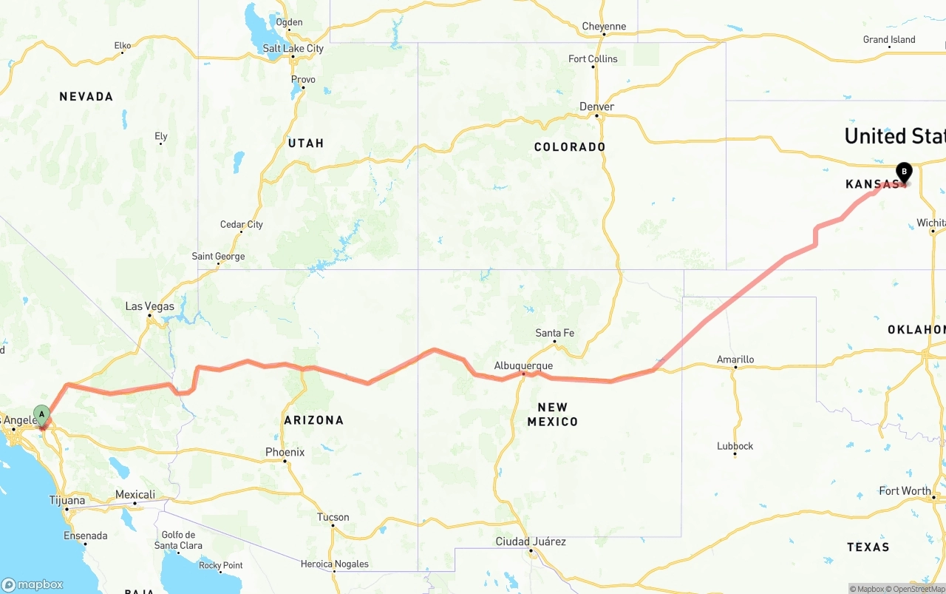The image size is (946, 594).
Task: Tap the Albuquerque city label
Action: tap(523, 365)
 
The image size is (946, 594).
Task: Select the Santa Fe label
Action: tap(554, 333)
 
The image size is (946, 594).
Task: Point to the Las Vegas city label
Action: tap(150, 306)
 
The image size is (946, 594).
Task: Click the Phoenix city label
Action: tap(285, 452)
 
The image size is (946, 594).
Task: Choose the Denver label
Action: tap(596, 107)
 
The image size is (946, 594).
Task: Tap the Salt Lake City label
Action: tap(293, 48)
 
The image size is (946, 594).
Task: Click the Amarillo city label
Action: tap(735, 360)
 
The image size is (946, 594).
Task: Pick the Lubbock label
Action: tap(735, 446)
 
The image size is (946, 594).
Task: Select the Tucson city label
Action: tap(333, 517)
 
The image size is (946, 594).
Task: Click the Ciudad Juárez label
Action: tap(531, 541)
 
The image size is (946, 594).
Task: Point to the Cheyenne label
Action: tap(604, 27)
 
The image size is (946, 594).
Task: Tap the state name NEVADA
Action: tap(86, 96)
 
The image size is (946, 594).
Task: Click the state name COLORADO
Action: tap(570, 146)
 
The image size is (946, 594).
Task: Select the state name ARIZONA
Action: tap(314, 420)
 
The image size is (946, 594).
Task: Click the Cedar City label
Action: tap(242, 224)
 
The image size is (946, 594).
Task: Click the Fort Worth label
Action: tap(905, 490)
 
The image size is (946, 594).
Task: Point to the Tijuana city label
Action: tap(67, 500)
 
